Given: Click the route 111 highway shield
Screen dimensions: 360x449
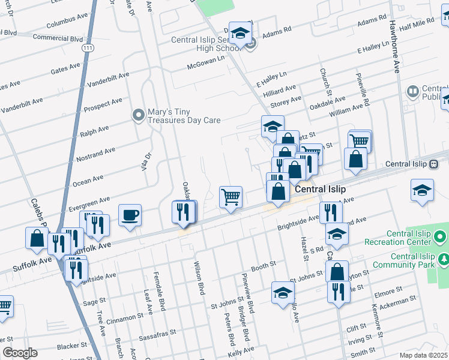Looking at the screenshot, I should [88, 47].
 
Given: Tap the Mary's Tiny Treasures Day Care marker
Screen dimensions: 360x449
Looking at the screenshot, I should [139, 113].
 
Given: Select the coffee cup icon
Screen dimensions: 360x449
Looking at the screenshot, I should [130, 215].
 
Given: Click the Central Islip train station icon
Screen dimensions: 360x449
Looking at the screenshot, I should [433, 164].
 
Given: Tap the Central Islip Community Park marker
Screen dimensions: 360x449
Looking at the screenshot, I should [444, 259].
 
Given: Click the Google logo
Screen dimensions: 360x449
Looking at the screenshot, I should [20, 353].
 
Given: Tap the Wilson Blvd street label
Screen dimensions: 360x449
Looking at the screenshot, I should [199, 277].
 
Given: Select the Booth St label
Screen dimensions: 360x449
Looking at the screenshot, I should [263, 265].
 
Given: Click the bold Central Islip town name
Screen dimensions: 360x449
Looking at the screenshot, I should [320, 189].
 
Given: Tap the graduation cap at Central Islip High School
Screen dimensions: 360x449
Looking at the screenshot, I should [240, 34].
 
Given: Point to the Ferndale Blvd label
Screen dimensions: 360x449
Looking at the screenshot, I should [160, 294].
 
